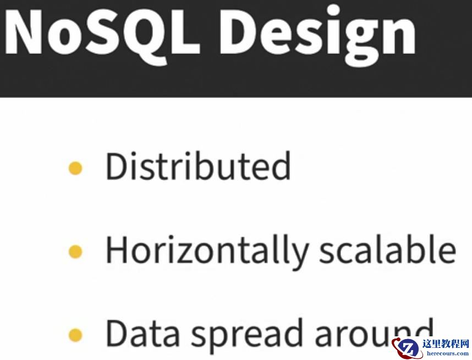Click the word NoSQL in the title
point(102,33)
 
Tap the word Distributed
point(199,166)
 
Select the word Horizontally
point(207,252)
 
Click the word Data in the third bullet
point(142,334)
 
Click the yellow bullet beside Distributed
point(75,168)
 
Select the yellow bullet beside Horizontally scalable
point(75,252)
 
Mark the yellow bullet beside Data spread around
point(75,335)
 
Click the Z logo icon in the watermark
point(407,348)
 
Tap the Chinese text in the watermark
point(446,344)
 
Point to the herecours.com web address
point(448,354)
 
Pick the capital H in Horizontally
point(117,250)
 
